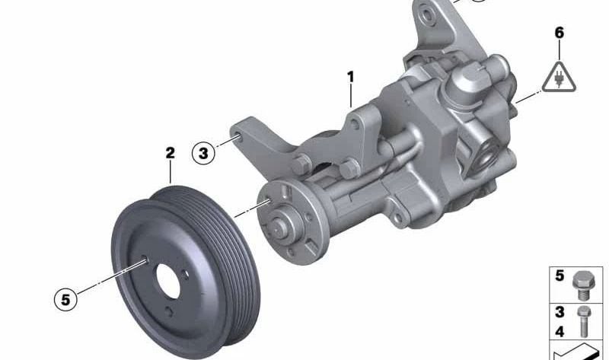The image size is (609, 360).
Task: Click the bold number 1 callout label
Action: [x=351, y=78]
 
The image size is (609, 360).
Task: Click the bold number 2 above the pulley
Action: [x=170, y=153]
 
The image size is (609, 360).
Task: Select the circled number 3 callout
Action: [x=203, y=153]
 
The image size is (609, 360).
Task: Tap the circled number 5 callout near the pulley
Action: [x=65, y=300]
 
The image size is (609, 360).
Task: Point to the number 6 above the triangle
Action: [x=560, y=33]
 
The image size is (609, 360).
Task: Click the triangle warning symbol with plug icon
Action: [x=560, y=78]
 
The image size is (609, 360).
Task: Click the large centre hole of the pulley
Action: [x=167, y=282]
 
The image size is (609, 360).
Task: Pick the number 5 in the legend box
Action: [x=560, y=276]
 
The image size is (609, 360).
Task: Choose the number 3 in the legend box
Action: [x=560, y=312]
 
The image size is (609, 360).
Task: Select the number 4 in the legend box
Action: [x=560, y=332]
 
